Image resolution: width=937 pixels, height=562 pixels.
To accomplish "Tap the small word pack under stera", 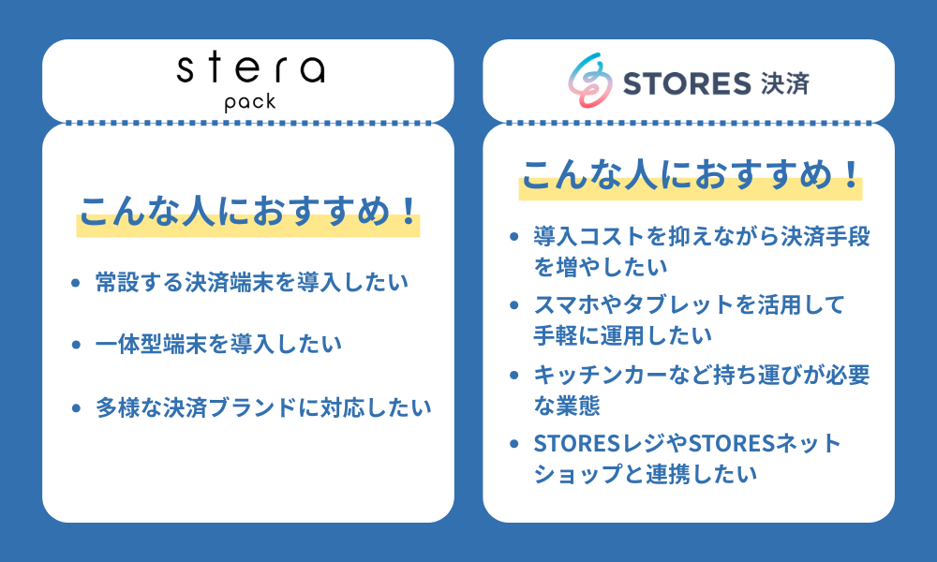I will click(250, 101).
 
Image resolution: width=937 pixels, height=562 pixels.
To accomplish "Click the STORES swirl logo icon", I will click(587, 81).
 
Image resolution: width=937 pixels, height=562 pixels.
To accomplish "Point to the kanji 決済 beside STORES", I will click(781, 82).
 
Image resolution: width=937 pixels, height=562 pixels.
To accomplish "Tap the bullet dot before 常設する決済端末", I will click(76, 281).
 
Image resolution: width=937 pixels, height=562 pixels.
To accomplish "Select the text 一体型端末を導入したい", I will click(218, 344).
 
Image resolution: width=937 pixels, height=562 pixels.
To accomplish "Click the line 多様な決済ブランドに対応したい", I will click(263, 407).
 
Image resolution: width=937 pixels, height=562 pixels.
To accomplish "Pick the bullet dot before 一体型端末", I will click(76, 344).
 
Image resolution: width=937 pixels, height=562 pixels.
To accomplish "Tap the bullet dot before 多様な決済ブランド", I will click(76, 407).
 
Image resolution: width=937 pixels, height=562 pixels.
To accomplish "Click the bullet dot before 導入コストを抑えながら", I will click(514, 236).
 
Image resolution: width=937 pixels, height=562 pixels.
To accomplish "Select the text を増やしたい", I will click(601, 266).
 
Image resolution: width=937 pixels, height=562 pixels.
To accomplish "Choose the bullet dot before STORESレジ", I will click(514, 443).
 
